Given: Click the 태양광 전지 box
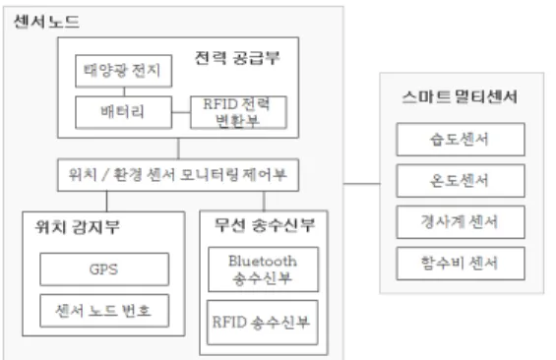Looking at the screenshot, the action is coord(124,71).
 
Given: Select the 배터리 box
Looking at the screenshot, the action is coord(124,112).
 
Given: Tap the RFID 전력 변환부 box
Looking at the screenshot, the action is coord(239,112).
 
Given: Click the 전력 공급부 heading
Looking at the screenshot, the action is coord(237,58).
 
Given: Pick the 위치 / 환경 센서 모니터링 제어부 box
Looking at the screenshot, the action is coord(178,175).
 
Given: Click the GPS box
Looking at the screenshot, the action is coord(104,270).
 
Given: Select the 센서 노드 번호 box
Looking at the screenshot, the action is coord(104,311).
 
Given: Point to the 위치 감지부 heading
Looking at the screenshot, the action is coord(78,227).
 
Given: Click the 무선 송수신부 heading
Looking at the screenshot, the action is coord(265,225).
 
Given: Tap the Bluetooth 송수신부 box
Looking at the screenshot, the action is coord(263,270).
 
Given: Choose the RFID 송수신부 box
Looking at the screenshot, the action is coord(263,323).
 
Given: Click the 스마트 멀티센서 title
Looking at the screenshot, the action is coord(460,96).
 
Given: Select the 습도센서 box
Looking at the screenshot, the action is coord(461,140).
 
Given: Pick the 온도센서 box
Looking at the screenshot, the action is coord(461,181).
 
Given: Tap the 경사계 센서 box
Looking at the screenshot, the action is coord(461,222).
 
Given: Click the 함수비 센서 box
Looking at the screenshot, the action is coord(461,264).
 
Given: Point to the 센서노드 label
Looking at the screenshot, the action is coord(46,22).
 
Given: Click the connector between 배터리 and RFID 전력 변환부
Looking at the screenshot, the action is coord(181,113).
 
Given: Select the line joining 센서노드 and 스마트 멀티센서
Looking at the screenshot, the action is coord(362,184).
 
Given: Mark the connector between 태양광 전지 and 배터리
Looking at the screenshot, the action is coord(124,91).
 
